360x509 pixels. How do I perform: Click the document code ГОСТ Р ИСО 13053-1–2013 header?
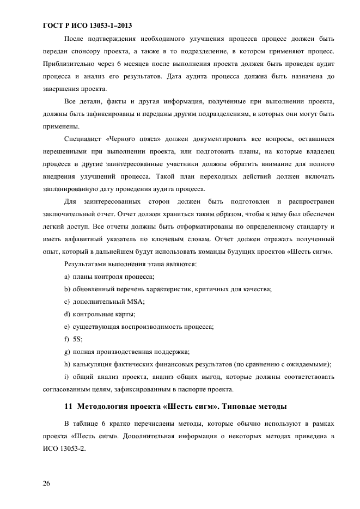coord(87,26)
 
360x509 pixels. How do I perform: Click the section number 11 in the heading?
coord(68,407)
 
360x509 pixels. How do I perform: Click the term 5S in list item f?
coord(77,339)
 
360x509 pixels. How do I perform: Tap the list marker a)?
coord(67,277)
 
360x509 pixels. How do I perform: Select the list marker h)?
coord(67,364)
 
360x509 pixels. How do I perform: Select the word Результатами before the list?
coord(86,264)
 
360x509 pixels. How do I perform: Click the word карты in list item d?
coord(125,314)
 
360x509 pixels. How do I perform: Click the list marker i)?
coord(66,377)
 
